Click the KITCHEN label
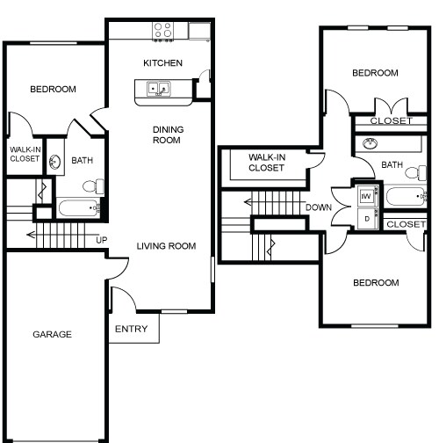tap(162, 62)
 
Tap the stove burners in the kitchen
tap(163, 32)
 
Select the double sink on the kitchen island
tap(159, 89)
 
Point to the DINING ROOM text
tap(168, 134)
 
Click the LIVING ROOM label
tap(166, 245)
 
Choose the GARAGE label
tap(52, 334)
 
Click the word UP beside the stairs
tap(101, 240)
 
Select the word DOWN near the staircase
tap(318, 207)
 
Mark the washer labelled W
tap(365, 196)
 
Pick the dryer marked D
tap(365, 218)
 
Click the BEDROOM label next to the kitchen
tap(53, 89)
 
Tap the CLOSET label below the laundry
tap(405, 225)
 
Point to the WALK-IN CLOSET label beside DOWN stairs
tap(266, 162)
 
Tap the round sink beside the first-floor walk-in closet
tap(55, 161)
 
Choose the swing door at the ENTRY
tap(123, 299)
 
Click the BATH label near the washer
tap(392, 164)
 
